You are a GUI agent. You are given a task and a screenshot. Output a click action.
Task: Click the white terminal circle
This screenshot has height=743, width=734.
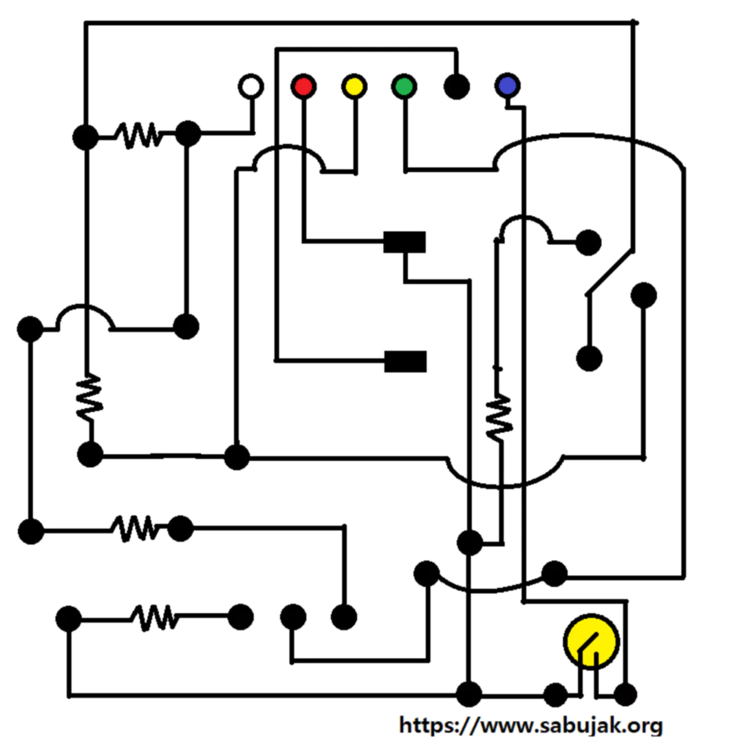point(250,87)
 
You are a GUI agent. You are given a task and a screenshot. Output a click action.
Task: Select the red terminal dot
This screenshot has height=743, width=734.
point(303,87)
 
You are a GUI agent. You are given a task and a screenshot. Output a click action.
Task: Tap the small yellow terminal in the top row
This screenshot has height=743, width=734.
point(354,87)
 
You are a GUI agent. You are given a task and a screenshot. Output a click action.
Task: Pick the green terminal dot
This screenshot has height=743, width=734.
point(404,87)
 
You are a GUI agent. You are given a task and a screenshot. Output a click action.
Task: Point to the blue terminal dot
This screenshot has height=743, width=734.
point(508,86)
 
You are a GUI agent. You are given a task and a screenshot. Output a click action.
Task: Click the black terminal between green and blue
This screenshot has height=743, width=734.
point(457,87)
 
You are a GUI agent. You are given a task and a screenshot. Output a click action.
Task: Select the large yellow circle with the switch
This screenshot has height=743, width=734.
point(592,642)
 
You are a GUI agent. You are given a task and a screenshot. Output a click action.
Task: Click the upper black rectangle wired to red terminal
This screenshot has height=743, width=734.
point(404,242)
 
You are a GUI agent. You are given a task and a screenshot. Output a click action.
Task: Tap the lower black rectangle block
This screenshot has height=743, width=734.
point(405,362)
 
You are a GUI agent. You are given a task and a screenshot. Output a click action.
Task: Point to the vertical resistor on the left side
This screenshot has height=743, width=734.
point(89,398)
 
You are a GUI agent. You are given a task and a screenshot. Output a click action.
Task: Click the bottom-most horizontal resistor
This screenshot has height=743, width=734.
point(155,617)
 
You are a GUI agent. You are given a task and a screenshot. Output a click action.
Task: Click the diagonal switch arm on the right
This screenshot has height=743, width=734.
point(610,273)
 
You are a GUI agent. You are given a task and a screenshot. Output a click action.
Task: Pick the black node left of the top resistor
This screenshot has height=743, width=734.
point(86,138)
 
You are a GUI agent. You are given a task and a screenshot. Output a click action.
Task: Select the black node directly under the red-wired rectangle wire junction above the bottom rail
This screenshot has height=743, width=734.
point(470,542)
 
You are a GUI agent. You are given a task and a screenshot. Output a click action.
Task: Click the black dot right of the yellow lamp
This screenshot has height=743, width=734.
point(625,695)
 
